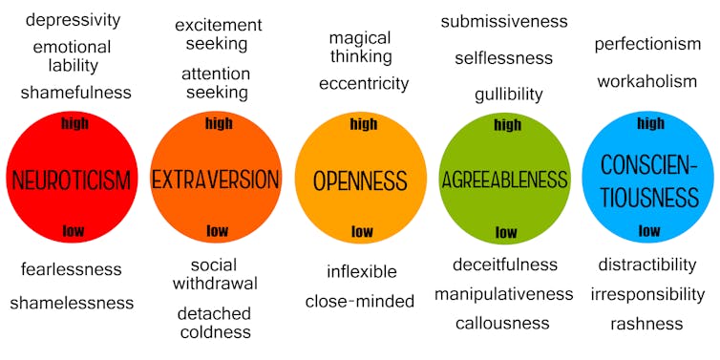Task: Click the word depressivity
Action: (x=73, y=20)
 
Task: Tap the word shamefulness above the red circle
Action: (x=75, y=93)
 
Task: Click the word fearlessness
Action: (x=72, y=269)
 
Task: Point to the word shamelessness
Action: (x=72, y=303)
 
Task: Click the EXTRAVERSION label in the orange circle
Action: (x=216, y=180)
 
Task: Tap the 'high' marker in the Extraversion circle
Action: (x=219, y=123)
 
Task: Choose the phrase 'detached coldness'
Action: (x=214, y=323)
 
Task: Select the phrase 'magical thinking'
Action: (x=360, y=47)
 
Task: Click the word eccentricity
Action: (x=364, y=84)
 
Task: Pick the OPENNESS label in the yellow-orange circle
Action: (x=361, y=180)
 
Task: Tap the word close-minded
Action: (x=360, y=302)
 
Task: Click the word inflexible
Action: (x=361, y=272)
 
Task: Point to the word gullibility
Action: (x=508, y=94)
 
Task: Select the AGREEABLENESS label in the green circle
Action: (x=504, y=180)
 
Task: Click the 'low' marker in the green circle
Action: (x=506, y=233)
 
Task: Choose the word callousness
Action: (x=502, y=323)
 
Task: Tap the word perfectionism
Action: (x=647, y=44)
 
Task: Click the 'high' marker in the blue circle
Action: (x=650, y=123)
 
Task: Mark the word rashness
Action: (x=646, y=324)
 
